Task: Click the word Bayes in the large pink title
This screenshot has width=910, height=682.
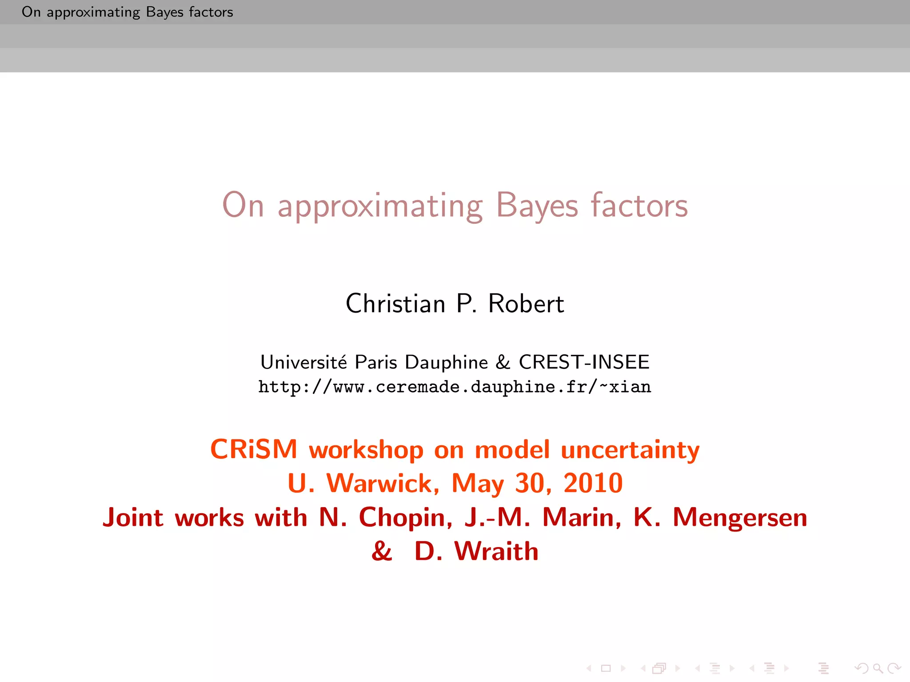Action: click(x=537, y=206)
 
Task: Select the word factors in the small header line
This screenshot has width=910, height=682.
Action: click(x=211, y=12)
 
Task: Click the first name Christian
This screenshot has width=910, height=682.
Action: click(x=395, y=304)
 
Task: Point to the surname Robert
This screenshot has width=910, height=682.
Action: click(x=526, y=304)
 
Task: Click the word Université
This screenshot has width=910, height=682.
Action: click(x=303, y=362)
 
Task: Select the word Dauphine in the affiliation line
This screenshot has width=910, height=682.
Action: click(x=446, y=362)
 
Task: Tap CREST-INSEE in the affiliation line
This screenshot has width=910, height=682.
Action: click(x=584, y=362)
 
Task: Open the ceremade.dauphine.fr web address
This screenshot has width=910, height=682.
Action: click(x=455, y=387)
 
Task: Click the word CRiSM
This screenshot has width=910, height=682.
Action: click(x=254, y=449)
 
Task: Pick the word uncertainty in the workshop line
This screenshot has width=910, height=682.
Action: click(x=630, y=450)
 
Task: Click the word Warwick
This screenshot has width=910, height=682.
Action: click(x=383, y=483)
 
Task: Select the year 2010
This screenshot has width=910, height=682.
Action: click(x=593, y=483)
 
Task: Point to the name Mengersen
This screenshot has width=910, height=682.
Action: click(x=739, y=518)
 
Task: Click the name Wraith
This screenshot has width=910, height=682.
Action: click(x=496, y=551)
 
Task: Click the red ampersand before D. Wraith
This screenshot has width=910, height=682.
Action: click(x=382, y=551)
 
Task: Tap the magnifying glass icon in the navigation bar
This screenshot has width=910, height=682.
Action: click(x=878, y=668)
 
